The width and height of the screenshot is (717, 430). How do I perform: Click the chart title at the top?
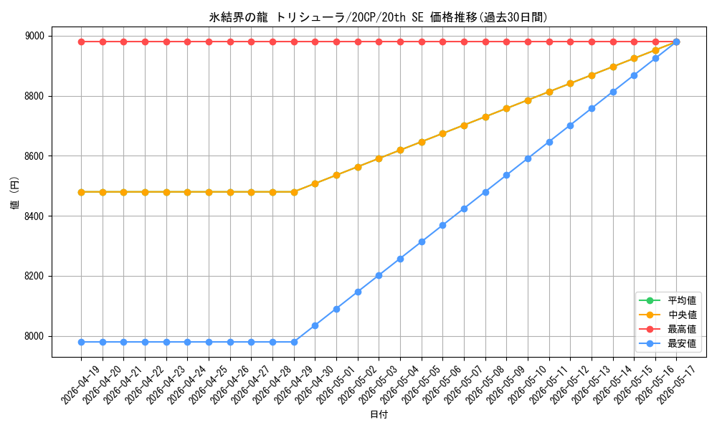coord(378,17)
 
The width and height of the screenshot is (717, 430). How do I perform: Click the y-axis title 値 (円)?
coord(14,193)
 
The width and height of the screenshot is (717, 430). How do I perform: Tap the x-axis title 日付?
coord(379,414)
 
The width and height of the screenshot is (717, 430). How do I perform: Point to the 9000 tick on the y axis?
coord(34,36)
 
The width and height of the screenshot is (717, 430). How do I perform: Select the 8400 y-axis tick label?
coord(34,216)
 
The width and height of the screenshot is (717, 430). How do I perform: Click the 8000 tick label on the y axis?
coord(34,336)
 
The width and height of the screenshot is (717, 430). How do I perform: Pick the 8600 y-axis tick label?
coord(34,156)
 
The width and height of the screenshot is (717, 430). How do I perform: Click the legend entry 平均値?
coord(668,300)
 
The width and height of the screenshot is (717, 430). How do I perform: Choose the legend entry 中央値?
coord(668,315)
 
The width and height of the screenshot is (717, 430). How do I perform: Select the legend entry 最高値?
coord(668,329)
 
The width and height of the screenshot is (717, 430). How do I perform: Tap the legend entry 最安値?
coord(668,343)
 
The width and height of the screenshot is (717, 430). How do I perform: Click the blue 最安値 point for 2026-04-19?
coord(82,343)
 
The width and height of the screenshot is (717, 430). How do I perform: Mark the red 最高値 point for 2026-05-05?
coord(422,42)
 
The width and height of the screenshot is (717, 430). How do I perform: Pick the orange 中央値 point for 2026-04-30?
coord(315,183)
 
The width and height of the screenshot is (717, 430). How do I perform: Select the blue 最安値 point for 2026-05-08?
coord(485,192)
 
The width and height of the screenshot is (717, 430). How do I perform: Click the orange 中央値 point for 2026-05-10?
coord(528,100)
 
